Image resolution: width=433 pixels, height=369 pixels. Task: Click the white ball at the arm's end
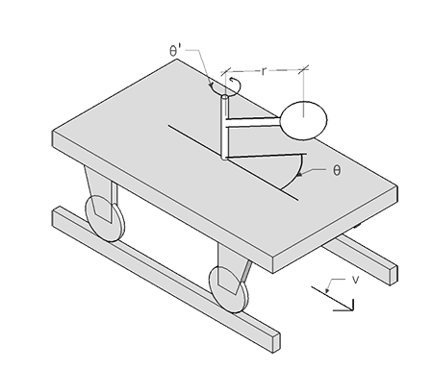click(302, 121)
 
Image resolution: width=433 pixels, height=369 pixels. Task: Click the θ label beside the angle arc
click(336, 170)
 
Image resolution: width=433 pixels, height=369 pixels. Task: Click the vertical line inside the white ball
click(302, 121)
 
